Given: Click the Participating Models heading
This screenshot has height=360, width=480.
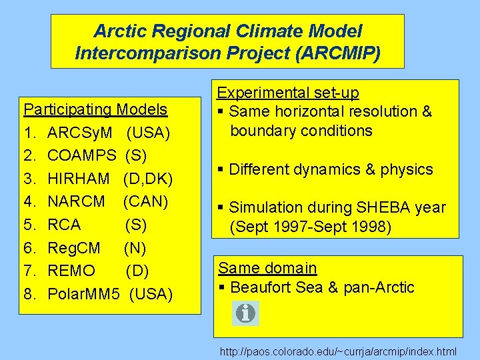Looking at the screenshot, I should tap(95, 109).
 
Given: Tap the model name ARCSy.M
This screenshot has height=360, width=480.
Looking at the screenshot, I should tap(80, 132).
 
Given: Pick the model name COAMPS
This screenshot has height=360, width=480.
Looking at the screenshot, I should tap(82, 155).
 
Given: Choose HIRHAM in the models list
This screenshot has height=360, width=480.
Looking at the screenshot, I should tap(79, 178).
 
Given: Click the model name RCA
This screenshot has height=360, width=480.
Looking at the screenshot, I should tap(64, 225).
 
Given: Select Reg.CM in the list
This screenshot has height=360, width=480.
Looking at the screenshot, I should tap(74, 248).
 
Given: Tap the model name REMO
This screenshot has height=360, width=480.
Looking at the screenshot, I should tap(71, 271).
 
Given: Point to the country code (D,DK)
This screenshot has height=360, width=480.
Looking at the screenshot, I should tap(148, 178).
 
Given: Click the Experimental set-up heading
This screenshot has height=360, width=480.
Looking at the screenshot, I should tap(289, 93).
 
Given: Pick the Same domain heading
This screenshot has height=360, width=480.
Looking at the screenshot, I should tap(267, 268).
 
